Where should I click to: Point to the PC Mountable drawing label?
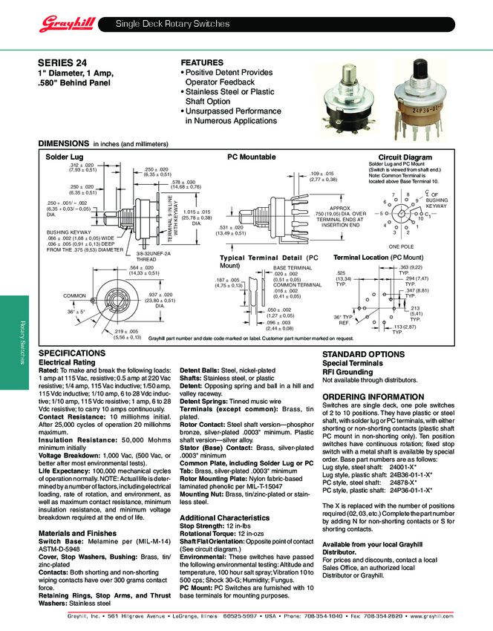251,157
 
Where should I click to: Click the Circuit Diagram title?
405,157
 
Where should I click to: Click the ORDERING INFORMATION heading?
371,397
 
